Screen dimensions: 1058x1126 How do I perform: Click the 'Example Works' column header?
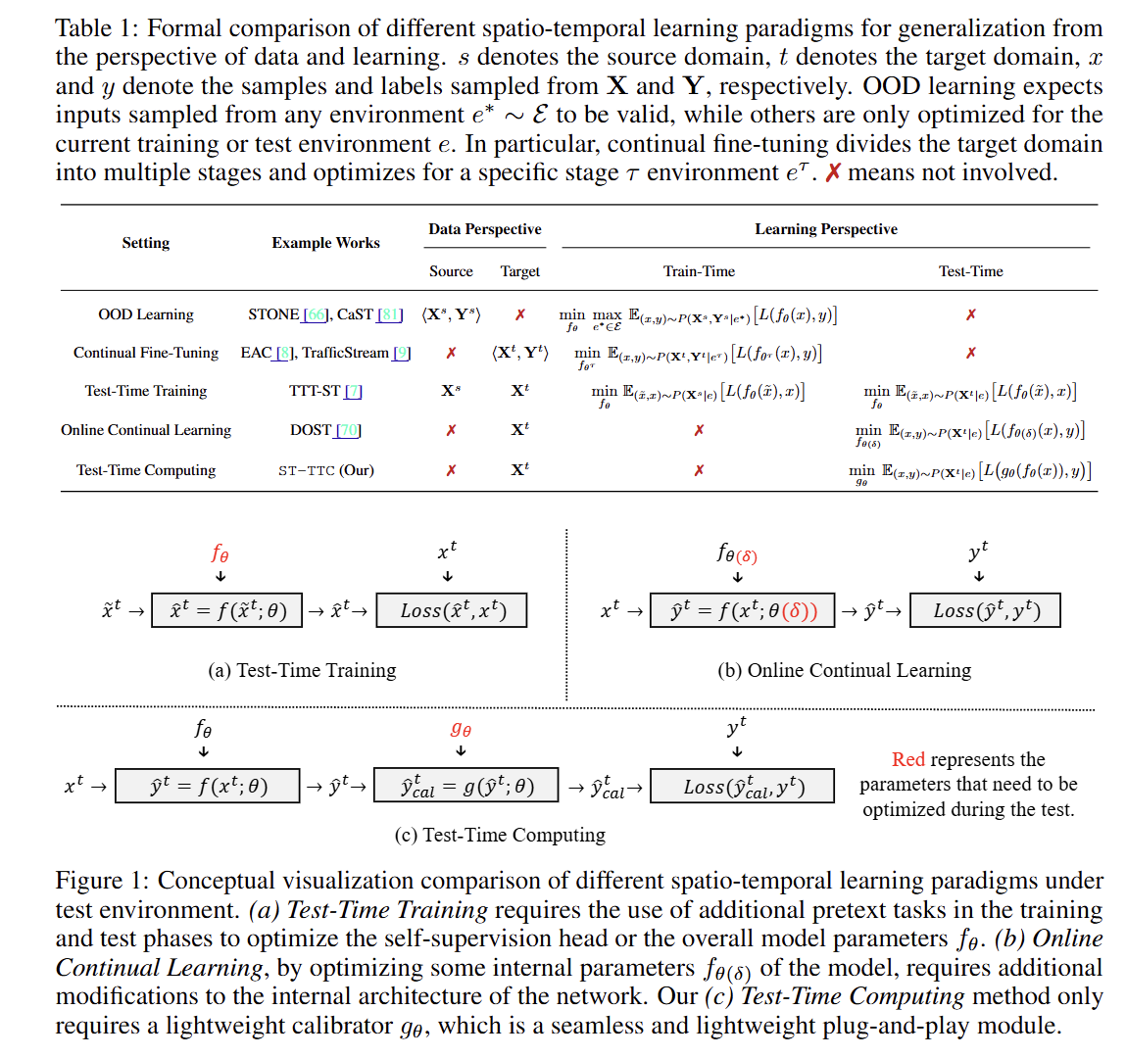(x=325, y=243)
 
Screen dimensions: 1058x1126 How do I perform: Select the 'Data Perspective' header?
(x=484, y=229)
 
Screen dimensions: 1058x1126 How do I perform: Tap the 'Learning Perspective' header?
(x=825, y=229)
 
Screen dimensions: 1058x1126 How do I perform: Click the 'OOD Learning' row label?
(x=146, y=314)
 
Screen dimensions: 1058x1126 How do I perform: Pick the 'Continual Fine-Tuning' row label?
(x=146, y=353)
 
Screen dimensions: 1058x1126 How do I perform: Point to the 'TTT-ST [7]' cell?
(x=325, y=391)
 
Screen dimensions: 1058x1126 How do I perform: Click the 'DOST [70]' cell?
(x=325, y=430)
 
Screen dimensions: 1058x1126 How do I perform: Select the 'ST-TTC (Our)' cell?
(x=325, y=470)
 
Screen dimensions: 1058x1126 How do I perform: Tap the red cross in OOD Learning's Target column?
(x=520, y=314)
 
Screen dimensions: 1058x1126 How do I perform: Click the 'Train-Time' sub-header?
(x=699, y=271)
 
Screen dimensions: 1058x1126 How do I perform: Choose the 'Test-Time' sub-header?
(x=970, y=271)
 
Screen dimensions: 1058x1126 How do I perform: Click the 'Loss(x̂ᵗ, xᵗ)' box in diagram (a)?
(x=452, y=610)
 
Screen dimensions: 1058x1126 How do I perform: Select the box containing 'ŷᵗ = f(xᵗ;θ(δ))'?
(x=742, y=610)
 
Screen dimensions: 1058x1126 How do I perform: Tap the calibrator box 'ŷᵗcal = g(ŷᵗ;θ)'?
(x=466, y=786)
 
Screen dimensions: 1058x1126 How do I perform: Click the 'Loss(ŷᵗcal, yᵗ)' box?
(x=743, y=786)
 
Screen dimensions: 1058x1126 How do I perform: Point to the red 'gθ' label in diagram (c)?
(x=461, y=729)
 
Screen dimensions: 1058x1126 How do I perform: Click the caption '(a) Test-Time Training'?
(x=302, y=670)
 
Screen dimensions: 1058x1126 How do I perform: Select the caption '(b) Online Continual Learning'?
(x=844, y=670)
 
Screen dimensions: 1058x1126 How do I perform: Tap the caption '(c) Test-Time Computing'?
(x=500, y=835)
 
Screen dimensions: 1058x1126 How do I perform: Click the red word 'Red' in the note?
(x=908, y=759)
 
